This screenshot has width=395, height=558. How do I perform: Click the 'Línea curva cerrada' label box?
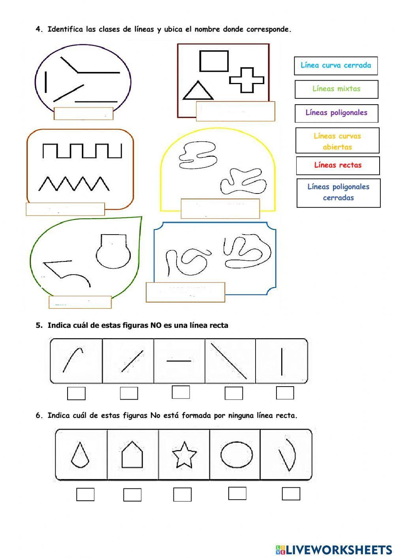point(336,66)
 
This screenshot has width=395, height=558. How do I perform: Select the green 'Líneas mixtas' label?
point(337,89)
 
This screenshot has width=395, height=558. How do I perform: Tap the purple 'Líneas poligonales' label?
point(337,113)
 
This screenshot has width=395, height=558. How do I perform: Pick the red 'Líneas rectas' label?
point(338,165)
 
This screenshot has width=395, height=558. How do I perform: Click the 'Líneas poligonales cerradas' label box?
point(339,193)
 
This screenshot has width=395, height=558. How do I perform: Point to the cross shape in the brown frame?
point(246,80)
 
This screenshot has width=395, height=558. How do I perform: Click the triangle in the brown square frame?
point(198,90)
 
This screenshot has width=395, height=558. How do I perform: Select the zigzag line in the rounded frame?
point(74,184)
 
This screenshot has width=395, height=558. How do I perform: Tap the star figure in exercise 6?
point(184,455)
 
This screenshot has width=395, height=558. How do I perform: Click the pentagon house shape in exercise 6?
point(132,455)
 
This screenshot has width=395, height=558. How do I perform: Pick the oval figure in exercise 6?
point(237,455)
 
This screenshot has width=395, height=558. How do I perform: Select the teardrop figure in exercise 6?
point(80,455)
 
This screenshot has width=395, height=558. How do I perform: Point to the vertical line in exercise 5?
point(282,362)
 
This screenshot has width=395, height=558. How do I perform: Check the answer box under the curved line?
point(76,393)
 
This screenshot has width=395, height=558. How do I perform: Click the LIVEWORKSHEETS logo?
point(334,549)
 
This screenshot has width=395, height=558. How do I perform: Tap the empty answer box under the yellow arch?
point(220,209)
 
